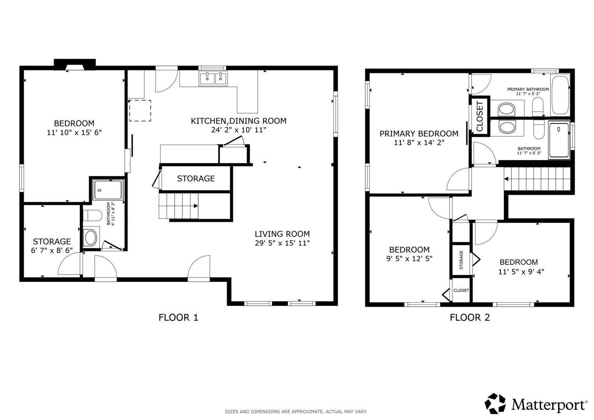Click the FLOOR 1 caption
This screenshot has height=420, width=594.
[x=178, y=317]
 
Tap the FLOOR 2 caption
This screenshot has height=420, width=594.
[x=470, y=317]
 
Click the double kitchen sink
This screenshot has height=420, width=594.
[x=213, y=79]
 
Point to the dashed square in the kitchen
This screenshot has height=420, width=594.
[x=140, y=111]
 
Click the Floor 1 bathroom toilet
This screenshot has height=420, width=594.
[x=93, y=215]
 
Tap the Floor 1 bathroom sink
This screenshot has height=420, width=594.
[x=90, y=237]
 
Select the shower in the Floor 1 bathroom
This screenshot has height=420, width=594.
[x=108, y=190]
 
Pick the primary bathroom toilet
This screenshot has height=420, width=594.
[x=538, y=107]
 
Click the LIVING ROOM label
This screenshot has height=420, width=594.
[x=282, y=234]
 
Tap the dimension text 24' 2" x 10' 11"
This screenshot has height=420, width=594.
[x=239, y=130]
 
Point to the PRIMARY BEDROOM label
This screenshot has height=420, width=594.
[x=419, y=134]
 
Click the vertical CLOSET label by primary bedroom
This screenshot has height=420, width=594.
[x=480, y=116]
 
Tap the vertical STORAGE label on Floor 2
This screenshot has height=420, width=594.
[x=461, y=260]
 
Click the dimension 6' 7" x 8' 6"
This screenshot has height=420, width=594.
[x=52, y=250]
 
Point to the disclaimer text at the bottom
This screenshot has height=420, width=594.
[x=296, y=411]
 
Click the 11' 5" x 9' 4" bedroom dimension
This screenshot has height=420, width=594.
[x=521, y=271]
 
